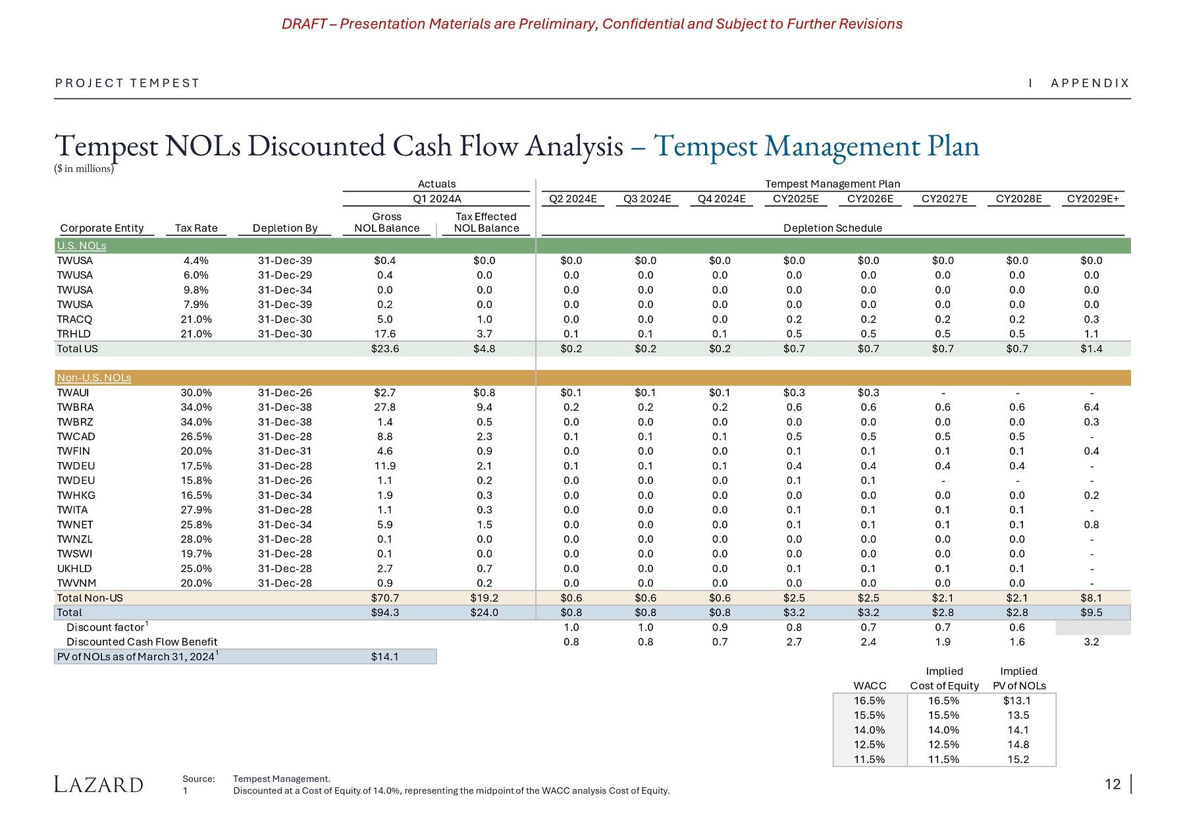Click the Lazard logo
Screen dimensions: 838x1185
click(x=98, y=784)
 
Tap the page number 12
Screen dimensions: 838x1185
click(x=1113, y=784)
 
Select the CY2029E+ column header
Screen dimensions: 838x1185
click(x=1093, y=199)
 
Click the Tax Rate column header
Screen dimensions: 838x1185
click(x=196, y=228)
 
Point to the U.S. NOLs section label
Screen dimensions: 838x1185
click(x=82, y=246)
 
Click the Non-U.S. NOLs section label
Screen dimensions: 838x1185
click(x=94, y=378)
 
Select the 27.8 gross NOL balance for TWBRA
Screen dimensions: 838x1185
click(x=385, y=407)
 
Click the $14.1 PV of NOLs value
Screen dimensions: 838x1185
click(x=385, y=656)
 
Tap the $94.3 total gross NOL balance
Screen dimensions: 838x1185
click(x=385, y=612)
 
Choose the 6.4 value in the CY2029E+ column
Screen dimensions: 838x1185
click(x=1092, y=407)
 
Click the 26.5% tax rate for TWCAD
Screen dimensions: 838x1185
click(x=196, y=436)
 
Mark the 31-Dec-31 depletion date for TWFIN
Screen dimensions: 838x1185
click(x=285, y=451)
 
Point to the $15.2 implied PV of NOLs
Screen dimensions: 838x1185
click(x=1018, y=759)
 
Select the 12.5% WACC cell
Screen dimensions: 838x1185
click(x=869, y=745)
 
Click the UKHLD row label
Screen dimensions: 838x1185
click(x=74, y=568)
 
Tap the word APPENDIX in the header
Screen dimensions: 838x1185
click(x=1090, y=84)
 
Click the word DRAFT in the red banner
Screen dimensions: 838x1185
click(x=304, y=24)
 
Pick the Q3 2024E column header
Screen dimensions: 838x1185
click(x=647, y=199)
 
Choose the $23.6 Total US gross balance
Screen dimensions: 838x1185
click(x=385, y=349)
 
